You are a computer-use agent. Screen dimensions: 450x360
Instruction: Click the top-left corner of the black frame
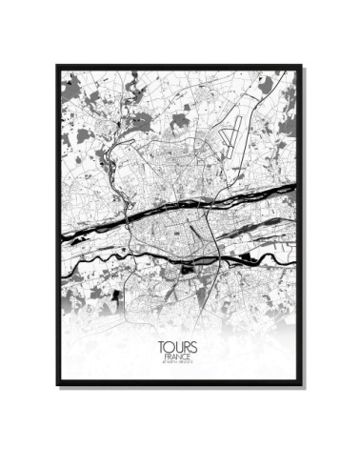click(x=57, y=67)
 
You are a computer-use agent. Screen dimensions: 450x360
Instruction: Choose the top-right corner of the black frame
click(x=302, y=67)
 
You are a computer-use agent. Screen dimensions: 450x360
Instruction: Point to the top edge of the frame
click(x=180, y=67)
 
